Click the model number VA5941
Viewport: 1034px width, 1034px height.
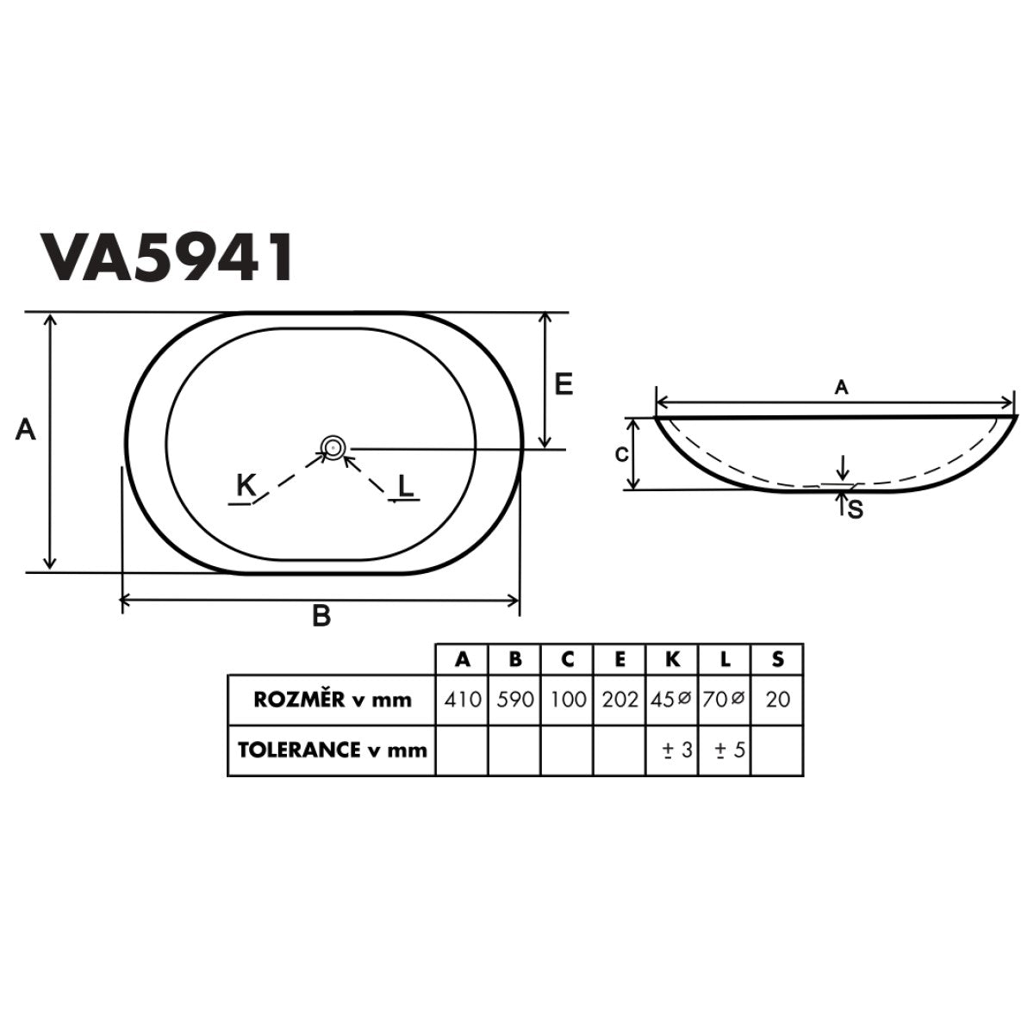(x=167, y=256)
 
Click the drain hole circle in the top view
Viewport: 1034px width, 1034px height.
(x=333, y=447)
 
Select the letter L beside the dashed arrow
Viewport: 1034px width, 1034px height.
(x=406, y=488)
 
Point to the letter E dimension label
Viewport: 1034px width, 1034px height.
(x=563, y=384)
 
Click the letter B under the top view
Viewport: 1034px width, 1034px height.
(x=321, y=617)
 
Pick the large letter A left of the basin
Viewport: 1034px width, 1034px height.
(x=27, y=429)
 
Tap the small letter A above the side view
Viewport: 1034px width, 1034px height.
(x=842, y=389)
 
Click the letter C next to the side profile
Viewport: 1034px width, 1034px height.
(x=620, y=454)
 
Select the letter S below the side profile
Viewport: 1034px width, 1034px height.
(x=855, y=510)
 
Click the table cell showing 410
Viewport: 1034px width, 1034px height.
(x=463, y=700)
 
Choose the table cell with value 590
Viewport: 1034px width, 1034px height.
(x=515, y=700)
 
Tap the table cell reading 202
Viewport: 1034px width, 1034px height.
(x=620, y=700)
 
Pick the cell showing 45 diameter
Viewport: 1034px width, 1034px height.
(x=672, y=700)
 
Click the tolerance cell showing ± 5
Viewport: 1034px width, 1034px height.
(x=726, y=750)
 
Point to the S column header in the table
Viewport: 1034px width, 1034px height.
(x=777, y=660)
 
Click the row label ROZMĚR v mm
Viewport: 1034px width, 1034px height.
(x=333, y=700)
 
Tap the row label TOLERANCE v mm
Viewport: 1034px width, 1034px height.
(x=333, y=750)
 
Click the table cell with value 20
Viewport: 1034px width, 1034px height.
(x=777, y=700)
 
